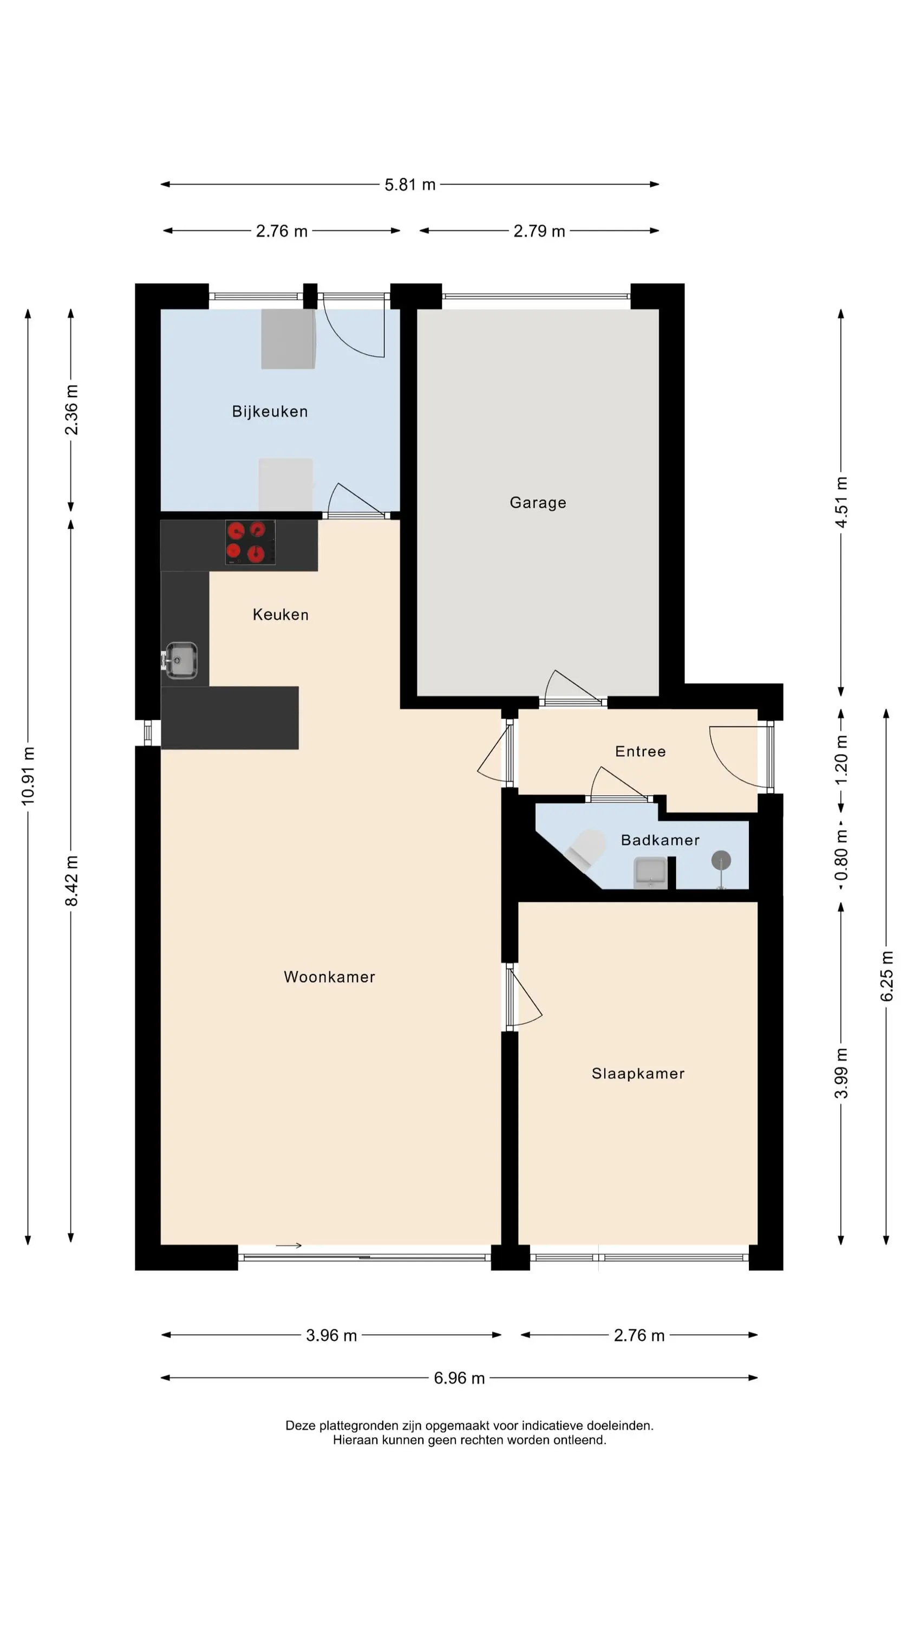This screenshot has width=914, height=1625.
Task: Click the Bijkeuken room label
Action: (x=270, y=411)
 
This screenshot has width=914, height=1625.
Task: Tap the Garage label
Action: (x=538, y=503)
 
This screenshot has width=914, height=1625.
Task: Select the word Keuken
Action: (x=280, y=614)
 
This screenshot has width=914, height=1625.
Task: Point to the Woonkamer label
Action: (x=329, y=977)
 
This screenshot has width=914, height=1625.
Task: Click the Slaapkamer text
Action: (x=638, y=1073)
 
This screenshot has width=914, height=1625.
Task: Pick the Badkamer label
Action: (x=661, y=840)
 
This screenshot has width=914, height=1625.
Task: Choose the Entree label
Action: (x=640, y=751)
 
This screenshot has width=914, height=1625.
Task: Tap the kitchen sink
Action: (x=180, y=660)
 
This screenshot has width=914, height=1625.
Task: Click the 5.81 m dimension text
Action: (x=410, y=185)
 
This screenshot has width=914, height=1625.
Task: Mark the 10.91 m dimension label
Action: (x=28, y=776)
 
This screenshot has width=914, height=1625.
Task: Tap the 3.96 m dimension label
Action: (x=332, y=1335)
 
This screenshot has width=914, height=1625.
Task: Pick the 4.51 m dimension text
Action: (x=841, y=502)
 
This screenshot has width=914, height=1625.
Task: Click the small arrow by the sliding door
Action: (x=289, y=1245)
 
